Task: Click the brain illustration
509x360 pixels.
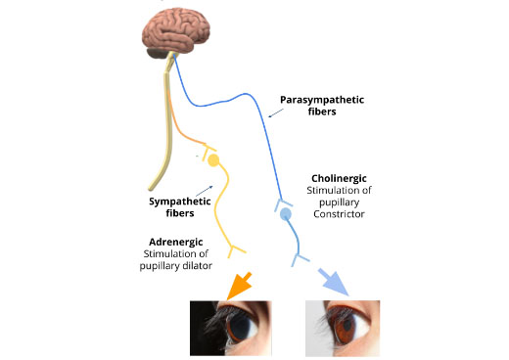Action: [x=175, y=33]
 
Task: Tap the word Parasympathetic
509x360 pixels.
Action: [x=322, y=100]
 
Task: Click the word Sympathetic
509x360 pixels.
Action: [x=180, y=202]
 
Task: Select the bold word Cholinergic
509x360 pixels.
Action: [x=339, y=178]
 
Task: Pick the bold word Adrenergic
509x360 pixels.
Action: [x=176, y=242]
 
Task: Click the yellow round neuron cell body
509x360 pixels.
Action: [x=213, y=160]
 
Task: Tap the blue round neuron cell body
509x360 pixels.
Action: [x=286, y=214]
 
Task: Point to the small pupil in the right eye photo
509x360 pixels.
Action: [x=347, y=325]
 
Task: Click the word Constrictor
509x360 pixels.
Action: [x=339, y=214]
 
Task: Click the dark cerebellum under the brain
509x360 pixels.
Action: [x=158, y=53]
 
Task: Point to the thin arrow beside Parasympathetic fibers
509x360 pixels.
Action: [x=276, y=112]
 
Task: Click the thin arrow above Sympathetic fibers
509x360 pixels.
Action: [x=205, y=191]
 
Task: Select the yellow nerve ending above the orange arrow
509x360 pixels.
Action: [x=236, y=250]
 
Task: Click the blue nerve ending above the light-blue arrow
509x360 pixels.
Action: [x=300, y=259]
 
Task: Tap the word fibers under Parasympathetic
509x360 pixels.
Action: [x=322, y=112]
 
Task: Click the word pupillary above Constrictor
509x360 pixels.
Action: [x=339, y=202]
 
